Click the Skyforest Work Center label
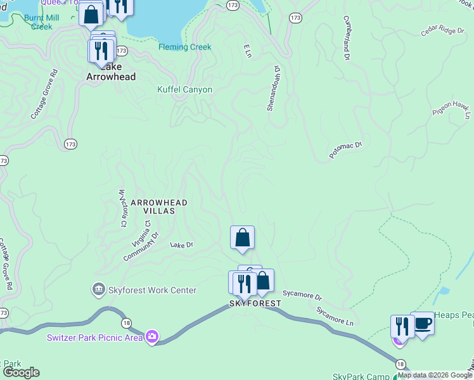coord(152,290)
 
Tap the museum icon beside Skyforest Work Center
coord(98,290)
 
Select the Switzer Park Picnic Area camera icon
coord(152,336)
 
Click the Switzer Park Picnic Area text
coord(95,337)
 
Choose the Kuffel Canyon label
coord(184,90)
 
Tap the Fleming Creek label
coord(185,47)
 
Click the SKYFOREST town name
coord(254,303)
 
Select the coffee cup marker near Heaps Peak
coord(423,324)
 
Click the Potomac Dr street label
coord(345,150)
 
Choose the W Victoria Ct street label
coord(124,207)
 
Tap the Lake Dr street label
coord(181,244)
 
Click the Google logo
coord(21,372)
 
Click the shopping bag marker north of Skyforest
coord(242,237)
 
